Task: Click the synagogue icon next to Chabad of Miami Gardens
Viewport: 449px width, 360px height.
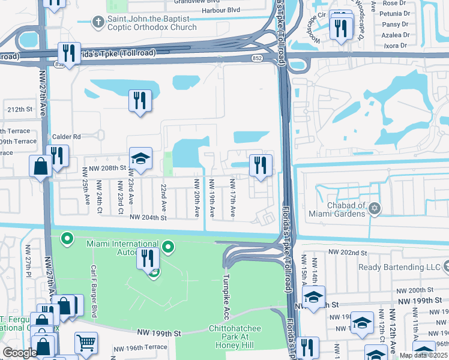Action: coord(375,208)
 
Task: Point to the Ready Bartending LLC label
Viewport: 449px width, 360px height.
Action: coord(399,268)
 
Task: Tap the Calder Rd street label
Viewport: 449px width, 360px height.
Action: coord(67,137)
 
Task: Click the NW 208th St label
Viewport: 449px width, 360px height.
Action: coord(103,170)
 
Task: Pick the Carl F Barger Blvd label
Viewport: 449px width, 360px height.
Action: coord(94,291)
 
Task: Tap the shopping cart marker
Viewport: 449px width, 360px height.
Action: coord(86,343)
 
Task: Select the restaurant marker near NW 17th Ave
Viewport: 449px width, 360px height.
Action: coord(261,165)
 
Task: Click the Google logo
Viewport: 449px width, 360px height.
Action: coord(20,353)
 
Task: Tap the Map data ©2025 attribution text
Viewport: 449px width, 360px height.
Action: coord(423,355)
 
